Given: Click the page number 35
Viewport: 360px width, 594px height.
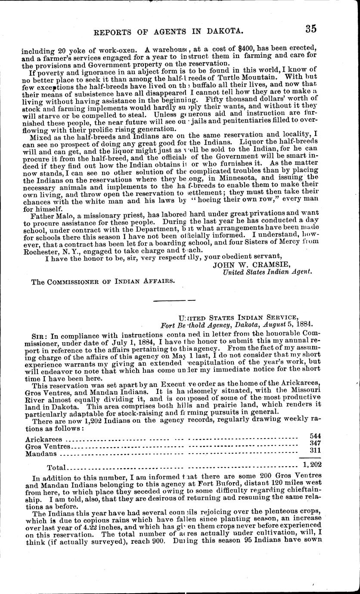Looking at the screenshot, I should [x=311, y=29].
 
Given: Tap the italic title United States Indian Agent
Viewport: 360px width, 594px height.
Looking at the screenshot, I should [x=267, y=272].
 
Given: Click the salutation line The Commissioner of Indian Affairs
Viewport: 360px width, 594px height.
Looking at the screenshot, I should [x=97, y=281].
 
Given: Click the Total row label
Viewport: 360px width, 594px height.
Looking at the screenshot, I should [x=56, y=467].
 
